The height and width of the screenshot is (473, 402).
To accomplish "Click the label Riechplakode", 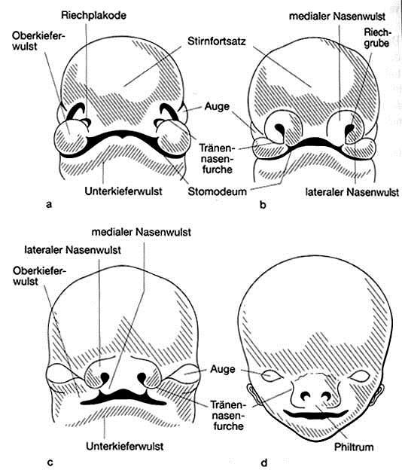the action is pos(93,15).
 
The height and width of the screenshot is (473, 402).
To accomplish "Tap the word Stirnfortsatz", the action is pos(217,41).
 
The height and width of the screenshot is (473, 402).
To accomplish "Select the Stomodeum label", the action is pos(217,191).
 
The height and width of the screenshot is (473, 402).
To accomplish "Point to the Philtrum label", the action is pos(354,447).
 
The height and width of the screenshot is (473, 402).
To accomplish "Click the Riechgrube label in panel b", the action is pos(376,38).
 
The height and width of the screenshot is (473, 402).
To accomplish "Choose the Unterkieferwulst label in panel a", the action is pos(123,191).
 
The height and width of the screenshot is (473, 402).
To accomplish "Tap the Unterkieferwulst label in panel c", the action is pos(124,446).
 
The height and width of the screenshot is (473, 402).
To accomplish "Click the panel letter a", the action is pos(49,205).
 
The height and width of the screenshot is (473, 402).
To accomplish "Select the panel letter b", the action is pos(263,205).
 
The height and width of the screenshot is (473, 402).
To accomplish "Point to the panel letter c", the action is pos(50,462).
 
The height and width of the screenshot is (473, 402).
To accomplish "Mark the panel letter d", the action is pos(264,462).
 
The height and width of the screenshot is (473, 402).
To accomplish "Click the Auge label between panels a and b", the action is pos(217,107).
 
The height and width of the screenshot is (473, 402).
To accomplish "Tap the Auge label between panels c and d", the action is pos(223,370).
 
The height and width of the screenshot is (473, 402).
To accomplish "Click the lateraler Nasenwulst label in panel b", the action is pos(352,192).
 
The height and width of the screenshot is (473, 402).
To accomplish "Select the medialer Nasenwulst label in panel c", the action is pos(141,232).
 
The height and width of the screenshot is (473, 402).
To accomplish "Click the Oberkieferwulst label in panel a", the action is pos(39,41).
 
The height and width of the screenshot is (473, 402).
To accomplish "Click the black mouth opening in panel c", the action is pos(123,395).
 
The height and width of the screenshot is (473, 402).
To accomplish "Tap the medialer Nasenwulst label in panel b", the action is pos(337,17).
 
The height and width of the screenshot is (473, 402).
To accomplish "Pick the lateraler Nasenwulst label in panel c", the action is pos(72,250).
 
